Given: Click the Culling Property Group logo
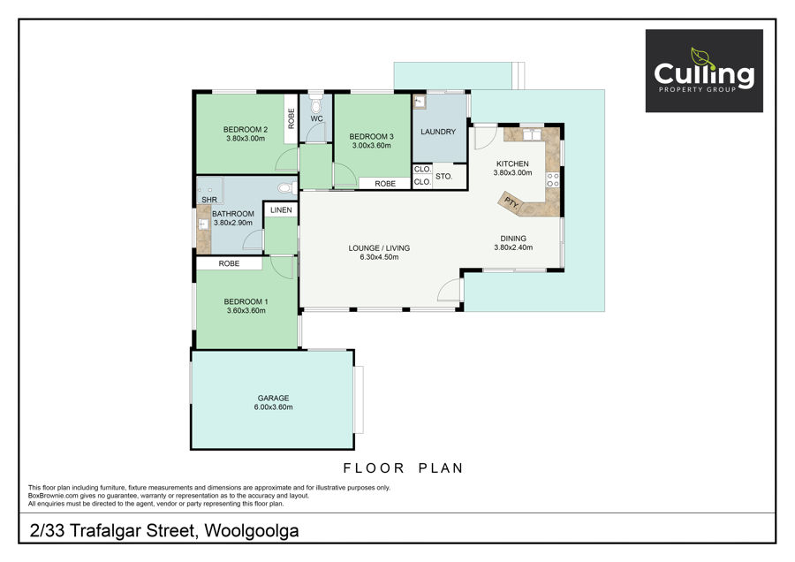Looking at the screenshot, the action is (x=704, y=71).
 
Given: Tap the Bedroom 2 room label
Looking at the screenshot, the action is (x=246, y=130).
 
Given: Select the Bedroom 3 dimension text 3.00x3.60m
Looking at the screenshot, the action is (x=372, y=146).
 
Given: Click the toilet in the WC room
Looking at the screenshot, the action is (x=316, y=104).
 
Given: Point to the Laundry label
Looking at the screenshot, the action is (x=438, y=132).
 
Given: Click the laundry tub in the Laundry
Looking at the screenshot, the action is (x=420, y=102).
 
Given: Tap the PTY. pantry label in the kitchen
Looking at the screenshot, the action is (x=511, y=203).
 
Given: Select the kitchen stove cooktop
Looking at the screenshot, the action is (x=553, y=180).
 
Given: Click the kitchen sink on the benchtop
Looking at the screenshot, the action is (x=533, y=134).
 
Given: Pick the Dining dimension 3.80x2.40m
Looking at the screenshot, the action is (x=513, y=248).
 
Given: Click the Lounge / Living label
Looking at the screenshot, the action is (x=379, y=248).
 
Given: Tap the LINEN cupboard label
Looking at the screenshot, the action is (x=281, y=210).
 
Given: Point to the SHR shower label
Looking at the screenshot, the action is (x=209, y=200).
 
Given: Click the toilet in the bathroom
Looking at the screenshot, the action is (x=287, y=188).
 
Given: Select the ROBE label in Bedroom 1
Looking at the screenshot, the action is (x=229, y=263).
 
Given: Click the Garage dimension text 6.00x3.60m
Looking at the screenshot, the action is (x=273, y=407).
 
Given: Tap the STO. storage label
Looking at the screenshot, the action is (x=443, y=177).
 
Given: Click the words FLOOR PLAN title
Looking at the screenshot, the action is (x=404, y=468).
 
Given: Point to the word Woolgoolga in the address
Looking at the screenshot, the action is (x=252, y=530).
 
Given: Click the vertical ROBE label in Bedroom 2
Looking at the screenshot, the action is (x=291, y=118).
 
